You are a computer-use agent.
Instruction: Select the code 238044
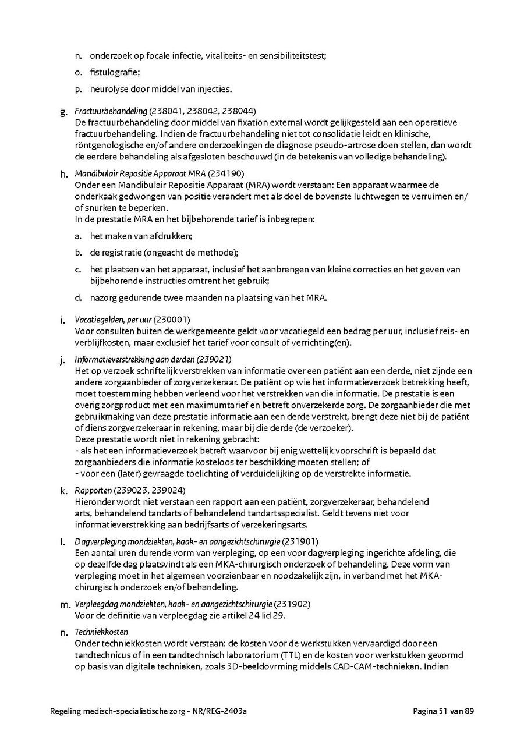(240, 111)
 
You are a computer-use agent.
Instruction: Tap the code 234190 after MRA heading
(226, 173)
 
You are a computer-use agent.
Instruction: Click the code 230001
(172, 320)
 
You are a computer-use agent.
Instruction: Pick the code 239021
(214, 359)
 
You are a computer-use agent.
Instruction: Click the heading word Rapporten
(93, 490)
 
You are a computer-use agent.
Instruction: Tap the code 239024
(170, 490)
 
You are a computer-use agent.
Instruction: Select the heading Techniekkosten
(101, 632)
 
